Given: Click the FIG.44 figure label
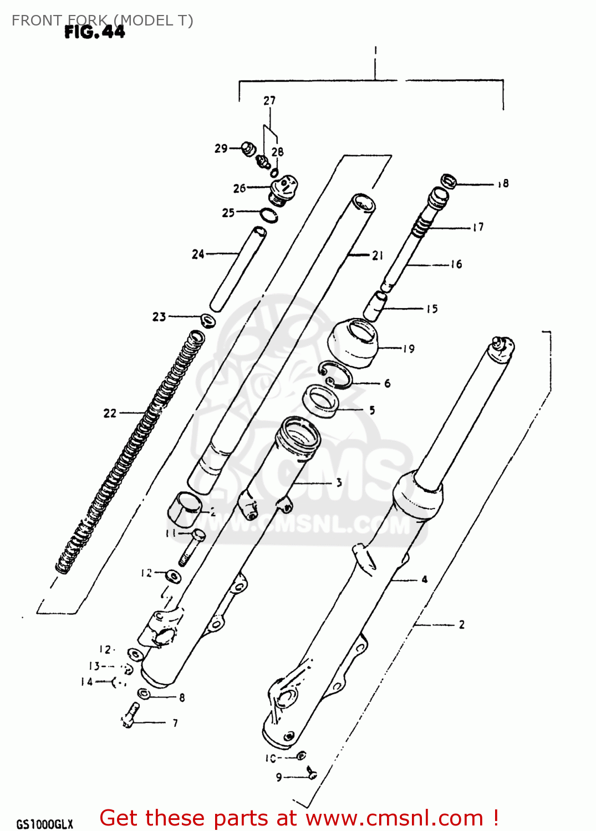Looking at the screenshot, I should coord(95,32).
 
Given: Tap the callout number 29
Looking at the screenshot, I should coord(221,148).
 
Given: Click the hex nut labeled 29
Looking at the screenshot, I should coord(248,149).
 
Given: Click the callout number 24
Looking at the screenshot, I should coord(198,254).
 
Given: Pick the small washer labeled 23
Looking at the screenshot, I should coord(207,320).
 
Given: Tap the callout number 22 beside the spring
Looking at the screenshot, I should coord(110,413).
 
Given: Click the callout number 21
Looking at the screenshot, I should coord(378,255).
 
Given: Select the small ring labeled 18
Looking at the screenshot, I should coord(449,181).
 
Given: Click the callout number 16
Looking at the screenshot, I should coord(456,264).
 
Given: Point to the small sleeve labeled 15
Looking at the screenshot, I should coord(375,305).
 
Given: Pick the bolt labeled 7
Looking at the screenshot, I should coord(130,715).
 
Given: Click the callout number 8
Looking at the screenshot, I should coord(182,697).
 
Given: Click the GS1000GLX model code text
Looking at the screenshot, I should coord(44,824).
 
